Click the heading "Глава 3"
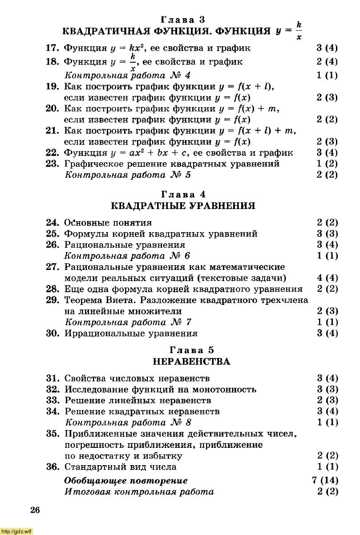[x=182, y=20]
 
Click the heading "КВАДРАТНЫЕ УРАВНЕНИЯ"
[x=182, y=206]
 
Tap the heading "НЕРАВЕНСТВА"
[x=191, y=362]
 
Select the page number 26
[x=35, y=510]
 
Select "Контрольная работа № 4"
[x=128, y=75]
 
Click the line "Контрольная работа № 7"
[x=128, y=322]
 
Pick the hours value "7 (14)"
[x=325, y=480]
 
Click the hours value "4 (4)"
[x=328, y=278]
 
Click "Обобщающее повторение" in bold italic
[x=126, y=480]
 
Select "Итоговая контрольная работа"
[x=139, y=491]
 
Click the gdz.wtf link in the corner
[x=17, y=531]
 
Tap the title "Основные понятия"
[x=108, y=222]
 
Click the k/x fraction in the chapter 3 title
[x=299, y=31]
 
